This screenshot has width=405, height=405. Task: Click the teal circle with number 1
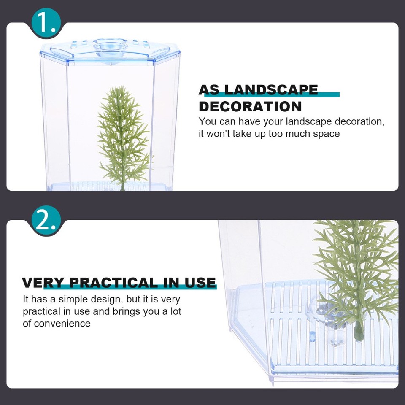[x=46, y=23]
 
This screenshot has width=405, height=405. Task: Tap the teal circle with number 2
[x=46, y=220]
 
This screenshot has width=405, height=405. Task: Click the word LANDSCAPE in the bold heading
[x=271, y=90]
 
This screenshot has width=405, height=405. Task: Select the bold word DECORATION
[x=250, y=106]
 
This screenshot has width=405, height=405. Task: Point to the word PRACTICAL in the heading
[x=113, y=283]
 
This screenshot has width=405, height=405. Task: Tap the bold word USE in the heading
[x=200, y=283]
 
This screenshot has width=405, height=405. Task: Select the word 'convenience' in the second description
[x=62, y=324]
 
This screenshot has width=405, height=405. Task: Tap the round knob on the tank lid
[x=111, y=48]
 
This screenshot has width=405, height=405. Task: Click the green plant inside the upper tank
[x=123, y=136]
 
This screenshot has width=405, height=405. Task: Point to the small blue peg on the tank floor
[x=312, y=336]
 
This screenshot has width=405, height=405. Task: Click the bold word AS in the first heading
[x=209, y=90]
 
